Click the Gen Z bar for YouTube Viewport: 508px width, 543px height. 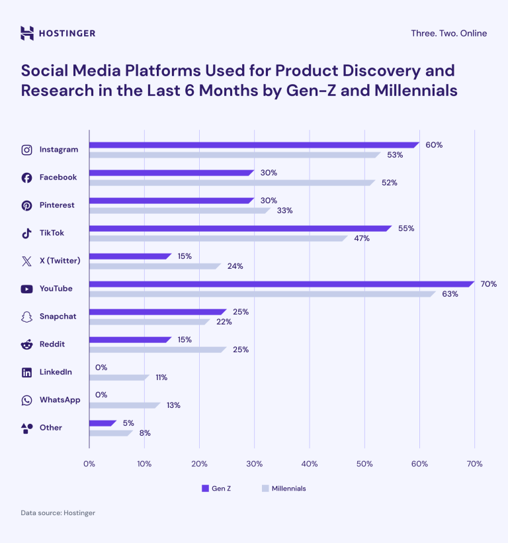pyautogui.click(x=281, y=284)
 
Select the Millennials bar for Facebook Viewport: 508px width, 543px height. pyautogui.click(x=232, y=183)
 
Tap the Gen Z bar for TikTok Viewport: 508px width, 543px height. pyautogui.click(x=240, y=228)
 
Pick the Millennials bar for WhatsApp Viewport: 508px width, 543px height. pyautogui.click(x=124, y=405)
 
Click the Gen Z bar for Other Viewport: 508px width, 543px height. pyautogui.click(x=103, y=422)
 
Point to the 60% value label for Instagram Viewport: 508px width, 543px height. pyautogui.click(x=434, y=145)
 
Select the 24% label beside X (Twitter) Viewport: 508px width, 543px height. pyautogui.click(x=235, y=266)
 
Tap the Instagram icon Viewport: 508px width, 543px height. pyautogui.click(x=26, y=150)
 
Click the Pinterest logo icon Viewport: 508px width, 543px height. pyautogui.click(x=26, y=205)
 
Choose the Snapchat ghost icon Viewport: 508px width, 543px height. pyautogui.click(x=26, y=317)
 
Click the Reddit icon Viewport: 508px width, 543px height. pyautogui.click(x=26, y=344)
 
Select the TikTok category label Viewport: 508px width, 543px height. pyautogui.click(x=52, y=233)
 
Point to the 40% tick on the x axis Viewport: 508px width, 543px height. pyautogui.click(x=309, y=464)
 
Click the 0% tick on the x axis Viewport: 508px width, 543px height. pyautogui.click(x=89, y=464)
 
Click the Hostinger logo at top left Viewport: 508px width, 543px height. pyautogui.click(x=58, y=33)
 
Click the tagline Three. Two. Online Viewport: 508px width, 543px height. pyautogui.click(x=448, y=33)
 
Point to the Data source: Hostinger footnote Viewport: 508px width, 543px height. pyautogui.click(x=58, y=513)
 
